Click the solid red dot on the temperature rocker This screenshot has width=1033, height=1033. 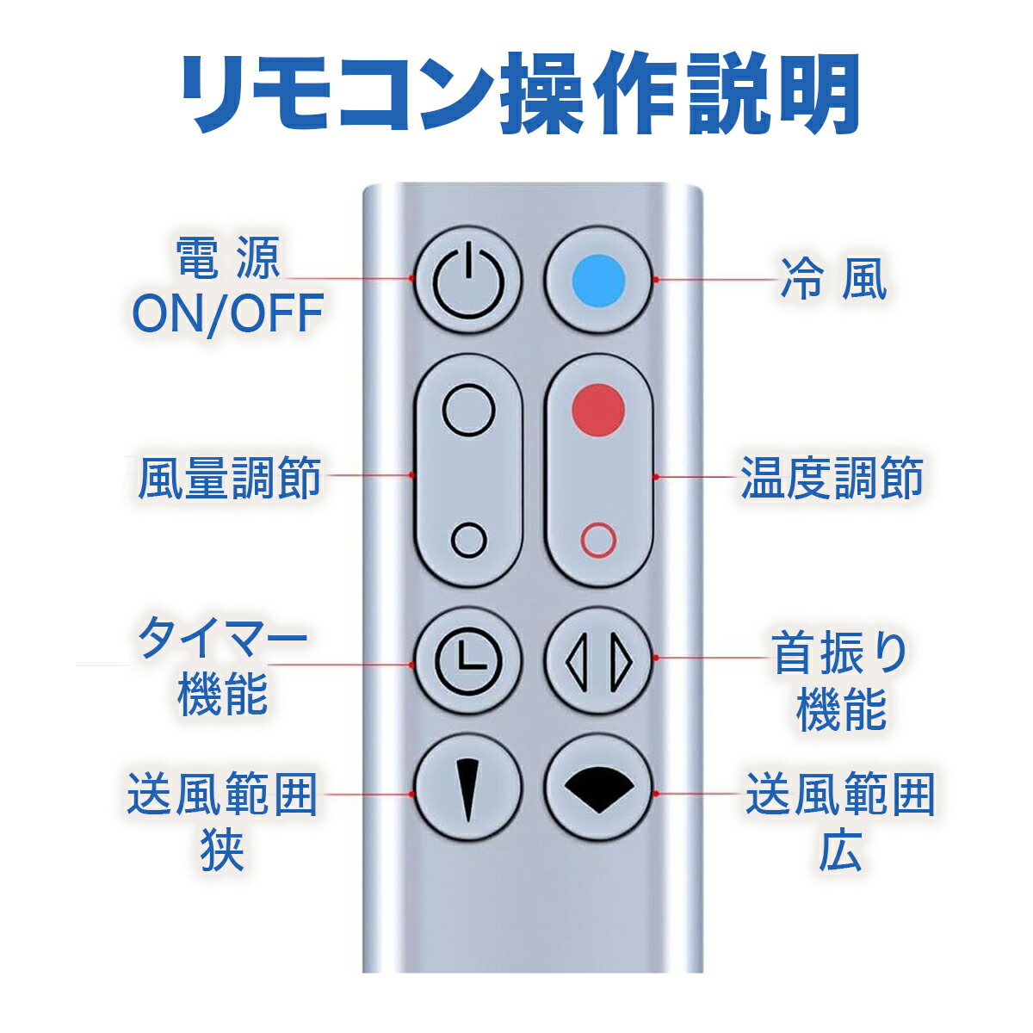pyautogui.click(x=598, y=410)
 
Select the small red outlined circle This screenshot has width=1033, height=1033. pyautogui.click(x=598, y=540)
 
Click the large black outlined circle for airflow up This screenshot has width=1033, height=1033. pyautogui.click(x=468, y=410)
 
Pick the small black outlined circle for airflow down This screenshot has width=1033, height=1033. pyautogui.click(x=469, y=540)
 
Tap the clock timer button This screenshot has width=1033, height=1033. pyautogui.click(x=468, y=660)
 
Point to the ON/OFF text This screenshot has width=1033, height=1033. pyautogui.click(x=227, y=312)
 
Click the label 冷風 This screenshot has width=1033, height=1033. pyautogui.click(x=832, y=280)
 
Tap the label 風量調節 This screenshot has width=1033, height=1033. pyautogui.click(x=229, y=477)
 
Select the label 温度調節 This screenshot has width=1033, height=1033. pyautogui.click(x=832, y=477)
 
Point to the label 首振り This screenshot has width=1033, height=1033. pyautogui.click(x=840, y=654)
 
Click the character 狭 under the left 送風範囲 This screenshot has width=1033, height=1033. pyautogui.click(x=222, y=849)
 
